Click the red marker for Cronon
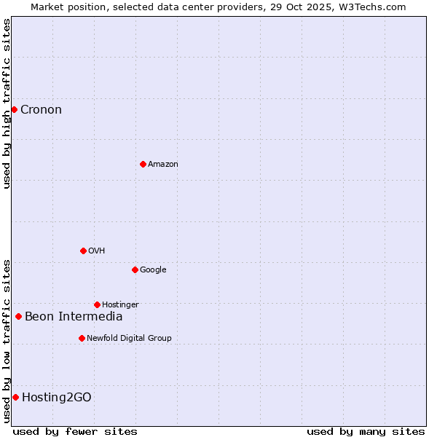(14, 109)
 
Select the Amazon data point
(143, 164)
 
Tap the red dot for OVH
(83, 251)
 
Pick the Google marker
(135, 269)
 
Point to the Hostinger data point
(97, 304)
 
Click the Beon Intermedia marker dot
(18, 316)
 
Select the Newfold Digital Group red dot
(82, 338)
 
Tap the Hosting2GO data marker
(15, 397)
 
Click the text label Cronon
(41, 110)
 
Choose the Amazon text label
(163, 165)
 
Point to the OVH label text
(97, 251)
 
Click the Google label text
(153, 270)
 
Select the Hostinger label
(120, 305)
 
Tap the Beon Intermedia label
(74, 317)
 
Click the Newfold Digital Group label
(129, 339)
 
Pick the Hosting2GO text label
(57, 398)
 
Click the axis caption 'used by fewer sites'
(75, 431)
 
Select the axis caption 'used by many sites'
(366, 431)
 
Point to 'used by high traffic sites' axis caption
(7, 103)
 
